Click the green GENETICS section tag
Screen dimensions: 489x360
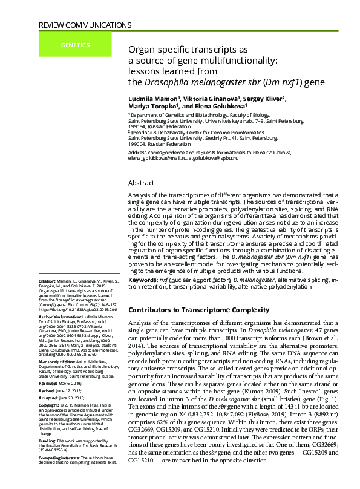(75, 45)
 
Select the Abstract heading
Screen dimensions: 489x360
(142, 182)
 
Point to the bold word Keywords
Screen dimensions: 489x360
(144, 280)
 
